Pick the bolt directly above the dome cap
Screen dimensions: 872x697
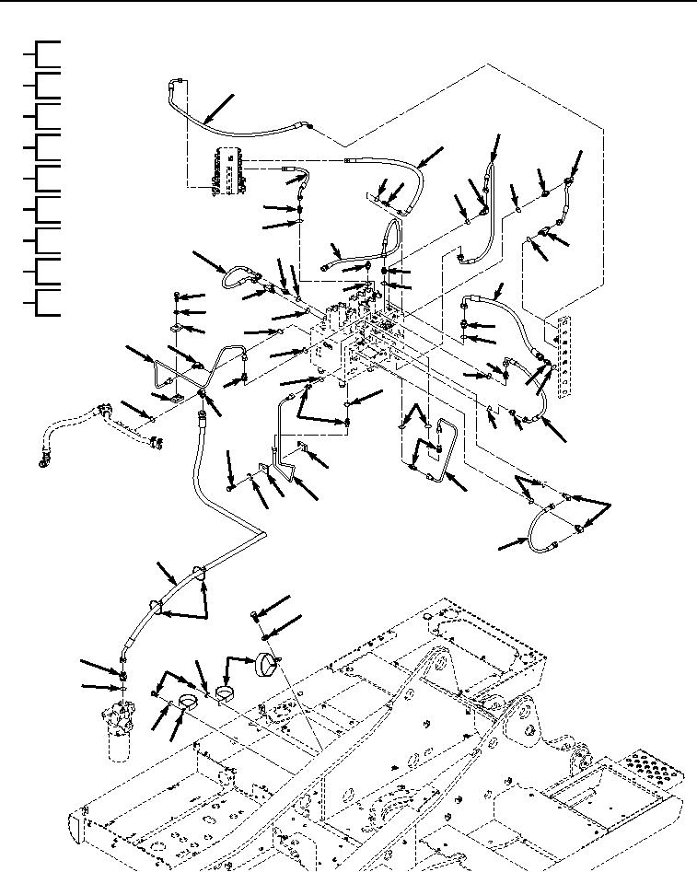(255, 615)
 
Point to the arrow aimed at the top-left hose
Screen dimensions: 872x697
(218, 108)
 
